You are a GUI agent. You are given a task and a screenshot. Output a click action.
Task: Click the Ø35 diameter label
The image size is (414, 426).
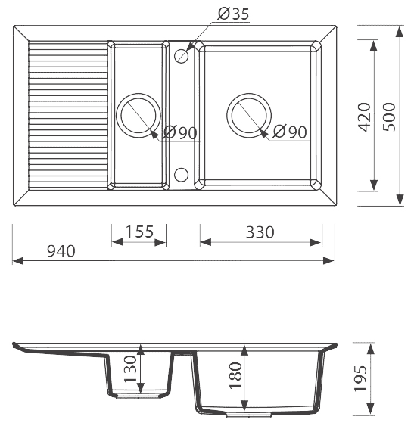(233, 14)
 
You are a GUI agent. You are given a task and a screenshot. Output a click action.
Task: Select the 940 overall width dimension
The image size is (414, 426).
(61, 251)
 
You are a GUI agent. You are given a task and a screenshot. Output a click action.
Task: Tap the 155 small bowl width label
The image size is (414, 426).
(139, 232)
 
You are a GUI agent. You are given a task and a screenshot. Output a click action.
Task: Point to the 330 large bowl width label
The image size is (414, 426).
(260, 232)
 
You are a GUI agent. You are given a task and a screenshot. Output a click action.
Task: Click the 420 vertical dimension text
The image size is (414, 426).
(364, 117)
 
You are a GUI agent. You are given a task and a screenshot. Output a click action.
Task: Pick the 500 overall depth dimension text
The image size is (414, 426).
(389, 117)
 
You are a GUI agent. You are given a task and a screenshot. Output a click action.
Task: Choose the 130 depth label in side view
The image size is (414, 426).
(130, 369)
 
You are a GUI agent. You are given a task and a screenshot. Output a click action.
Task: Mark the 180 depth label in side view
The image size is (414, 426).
(235, 375)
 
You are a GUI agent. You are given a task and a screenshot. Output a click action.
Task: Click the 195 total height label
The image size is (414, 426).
(360, 379)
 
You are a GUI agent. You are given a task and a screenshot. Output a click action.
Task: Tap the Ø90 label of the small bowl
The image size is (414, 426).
(180, 133)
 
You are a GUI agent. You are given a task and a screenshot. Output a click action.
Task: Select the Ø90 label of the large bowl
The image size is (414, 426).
(290, 132)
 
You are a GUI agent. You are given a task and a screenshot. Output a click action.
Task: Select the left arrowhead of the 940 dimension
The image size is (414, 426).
(17, 261)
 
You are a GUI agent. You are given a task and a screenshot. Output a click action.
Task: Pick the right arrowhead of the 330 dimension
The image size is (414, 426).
(316, 242)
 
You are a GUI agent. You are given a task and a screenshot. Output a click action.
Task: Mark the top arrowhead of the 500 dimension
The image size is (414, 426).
(400, 32)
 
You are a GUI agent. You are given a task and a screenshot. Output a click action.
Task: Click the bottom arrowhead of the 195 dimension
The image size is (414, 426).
(370, 409)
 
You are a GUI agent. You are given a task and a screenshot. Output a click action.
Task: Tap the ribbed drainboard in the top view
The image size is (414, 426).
(68, 115)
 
